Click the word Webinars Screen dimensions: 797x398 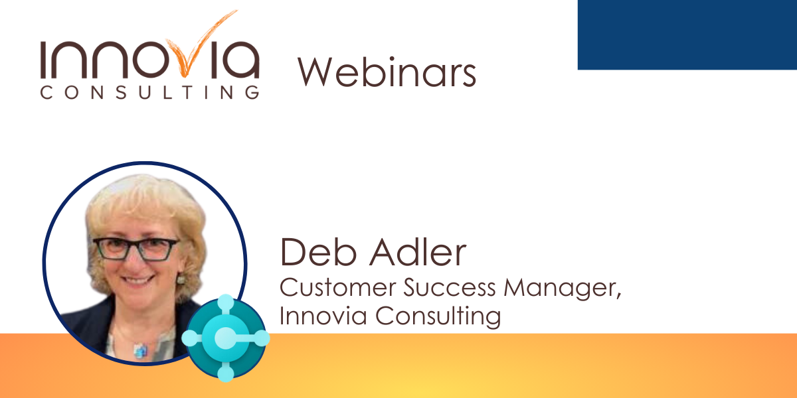[387, 72]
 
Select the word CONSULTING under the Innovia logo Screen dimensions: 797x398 [150, 92]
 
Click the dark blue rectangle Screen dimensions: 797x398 [687, 34]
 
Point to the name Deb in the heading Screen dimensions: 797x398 [318, 252]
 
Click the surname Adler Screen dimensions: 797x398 [418, 251]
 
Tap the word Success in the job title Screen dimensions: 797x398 [450, 287]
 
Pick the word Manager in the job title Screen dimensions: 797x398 [562, 288]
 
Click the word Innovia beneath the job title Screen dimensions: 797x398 [323, 316]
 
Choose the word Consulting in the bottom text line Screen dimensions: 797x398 [438, 316]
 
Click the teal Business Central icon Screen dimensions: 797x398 [226, 338]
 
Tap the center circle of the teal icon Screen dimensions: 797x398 [225, 337]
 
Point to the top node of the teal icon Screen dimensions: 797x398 [226, 303]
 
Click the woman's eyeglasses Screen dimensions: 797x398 [136, 249]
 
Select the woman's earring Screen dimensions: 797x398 [181, 279]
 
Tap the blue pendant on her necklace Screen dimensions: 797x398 [141, 350]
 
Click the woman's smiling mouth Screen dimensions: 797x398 [137, 280]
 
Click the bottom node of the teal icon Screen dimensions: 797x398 [226, 373]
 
